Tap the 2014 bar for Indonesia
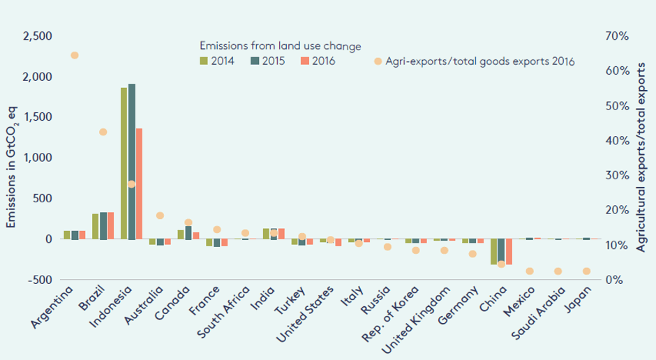click(x=124, y=164)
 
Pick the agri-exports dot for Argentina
click(x=75, y=55)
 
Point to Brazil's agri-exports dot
click(x=103, y=132)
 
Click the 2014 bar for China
click(x=494, y=252)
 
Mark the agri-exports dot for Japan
click(x=586, y=271)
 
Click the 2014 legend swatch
click(x=203, y=61)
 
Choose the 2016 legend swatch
click(x=304, y=61)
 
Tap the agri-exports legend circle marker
click(x=378, y=61)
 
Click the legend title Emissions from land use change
click(x=279, y=46)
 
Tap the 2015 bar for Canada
click(x=188, y=233)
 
